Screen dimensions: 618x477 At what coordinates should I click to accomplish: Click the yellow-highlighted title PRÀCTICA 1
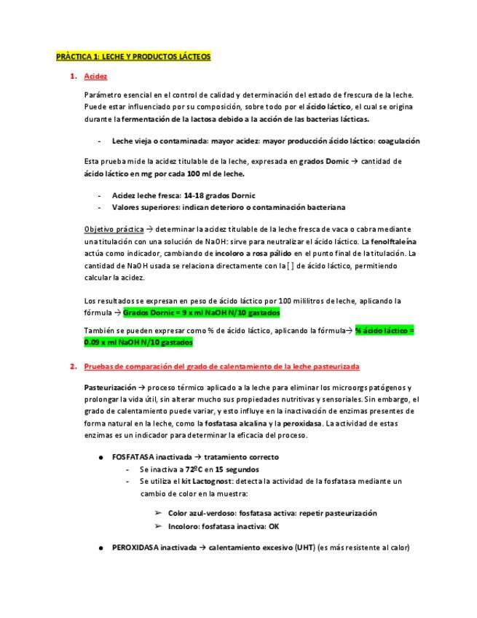[134, 56]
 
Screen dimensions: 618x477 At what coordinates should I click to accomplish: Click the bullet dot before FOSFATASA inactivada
[100, 458]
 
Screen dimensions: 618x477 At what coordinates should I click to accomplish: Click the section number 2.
[73, 367]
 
